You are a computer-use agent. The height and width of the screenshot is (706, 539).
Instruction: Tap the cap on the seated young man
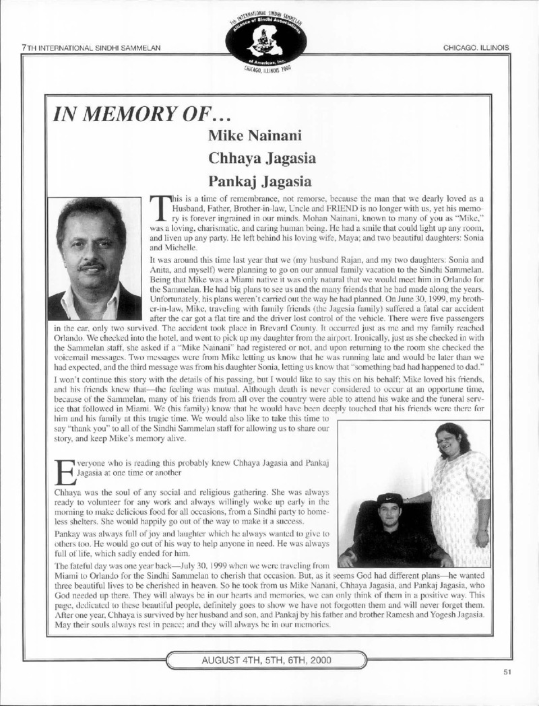click(x=389, y=500)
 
